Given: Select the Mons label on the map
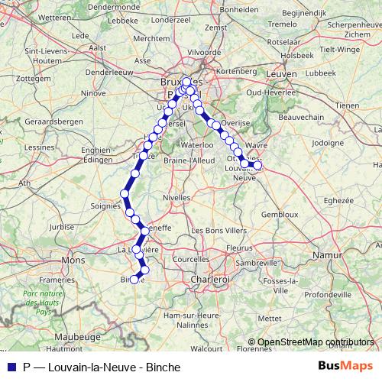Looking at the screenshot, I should (74, 260).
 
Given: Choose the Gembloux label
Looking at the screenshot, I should (280, 215).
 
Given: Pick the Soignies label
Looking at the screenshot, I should (105, 206).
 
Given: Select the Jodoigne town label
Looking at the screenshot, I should (329, 143).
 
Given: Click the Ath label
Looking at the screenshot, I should (24, 183).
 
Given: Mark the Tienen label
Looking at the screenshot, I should (347, 105).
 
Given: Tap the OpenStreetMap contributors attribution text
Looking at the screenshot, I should (316, 342).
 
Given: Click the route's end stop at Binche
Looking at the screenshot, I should (134, 279).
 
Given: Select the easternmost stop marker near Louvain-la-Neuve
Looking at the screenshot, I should (257, 165).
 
